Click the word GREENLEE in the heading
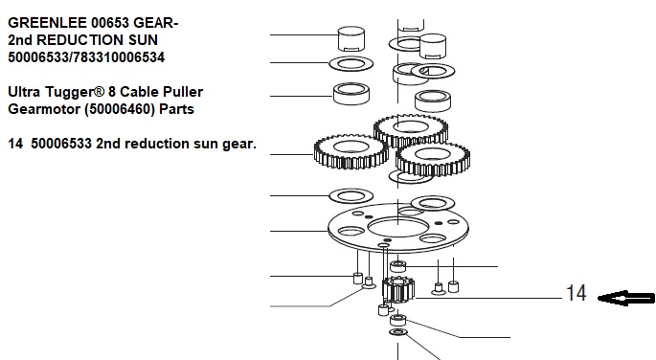[48, 23]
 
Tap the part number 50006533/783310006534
[86, 57]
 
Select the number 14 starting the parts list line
[15, 144]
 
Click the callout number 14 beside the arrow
[577, 293]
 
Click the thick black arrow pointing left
[626, 298]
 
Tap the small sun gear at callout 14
[398, 289]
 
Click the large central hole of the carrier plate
[397, 228]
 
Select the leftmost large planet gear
[351, 152]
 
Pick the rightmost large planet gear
[433, 159]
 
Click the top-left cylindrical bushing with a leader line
[351, 38]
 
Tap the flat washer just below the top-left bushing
[351, 63]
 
